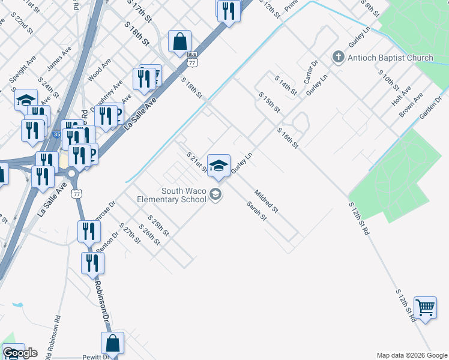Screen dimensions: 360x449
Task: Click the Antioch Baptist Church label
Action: [x=390, y=58]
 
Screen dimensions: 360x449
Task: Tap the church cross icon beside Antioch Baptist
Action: [x=338, y=58]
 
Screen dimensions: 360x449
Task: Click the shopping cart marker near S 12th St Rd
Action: [x=425, y=308]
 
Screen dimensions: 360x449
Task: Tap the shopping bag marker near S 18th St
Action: [x=179, y=42]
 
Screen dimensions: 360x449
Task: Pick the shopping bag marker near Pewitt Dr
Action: [x=112, y=344]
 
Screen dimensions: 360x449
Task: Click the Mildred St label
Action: [x=267, y=202]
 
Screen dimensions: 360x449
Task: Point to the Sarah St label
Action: [x=256, y=211]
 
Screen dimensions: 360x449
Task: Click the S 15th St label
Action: [x=270, y=103]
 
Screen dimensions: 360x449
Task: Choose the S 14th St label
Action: [x=286, y=85]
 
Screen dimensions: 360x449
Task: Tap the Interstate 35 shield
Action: [x=56, y=136]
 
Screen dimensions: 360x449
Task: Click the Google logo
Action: [x=20, y=353]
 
